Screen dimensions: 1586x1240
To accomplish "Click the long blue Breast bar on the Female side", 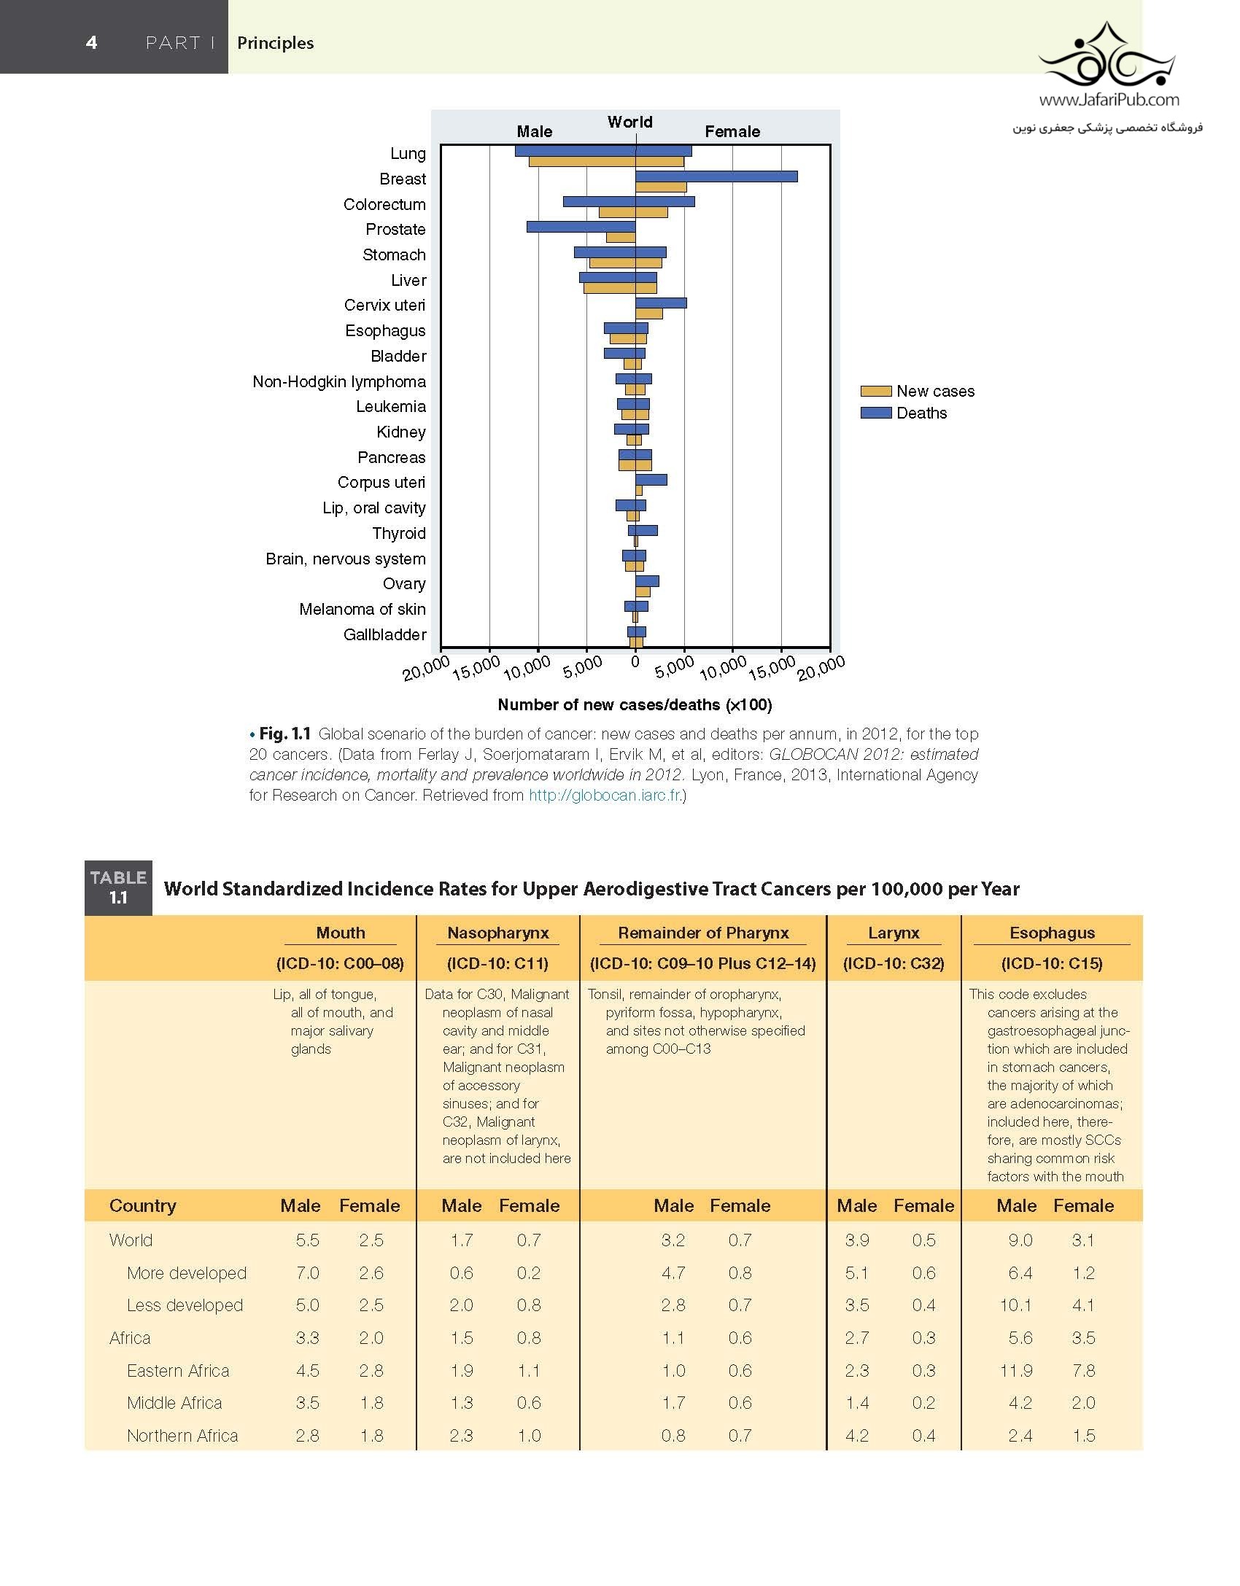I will click(x=716, y=176).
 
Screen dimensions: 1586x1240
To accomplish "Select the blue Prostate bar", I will click(x=581, y=227).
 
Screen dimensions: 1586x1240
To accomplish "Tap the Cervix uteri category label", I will click(x=384, y=306).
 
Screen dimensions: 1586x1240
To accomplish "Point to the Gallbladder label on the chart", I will click(x=384, y=634).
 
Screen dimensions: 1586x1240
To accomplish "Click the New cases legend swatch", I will click(x=875, y=391).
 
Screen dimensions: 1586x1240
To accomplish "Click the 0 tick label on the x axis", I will click(x=635, y=662).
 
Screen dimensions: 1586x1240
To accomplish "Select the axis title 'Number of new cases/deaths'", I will click(x=635, y=704).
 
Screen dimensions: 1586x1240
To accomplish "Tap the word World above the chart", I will click(x=630, y=122).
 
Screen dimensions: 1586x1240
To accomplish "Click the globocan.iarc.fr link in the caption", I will click(x=605, y=796).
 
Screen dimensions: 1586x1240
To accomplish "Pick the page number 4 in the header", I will click(x=91, y=42).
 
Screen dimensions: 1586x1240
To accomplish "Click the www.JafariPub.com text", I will click(x=1109, y=100).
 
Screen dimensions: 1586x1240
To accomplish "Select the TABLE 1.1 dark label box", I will click(x=118, y=887).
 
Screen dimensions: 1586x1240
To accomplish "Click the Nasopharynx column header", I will click(x=498, y=933).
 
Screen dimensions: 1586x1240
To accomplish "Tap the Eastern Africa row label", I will click(x=178, y=1371).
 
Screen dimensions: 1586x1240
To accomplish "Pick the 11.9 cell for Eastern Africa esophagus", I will click(x=1016, y=1371).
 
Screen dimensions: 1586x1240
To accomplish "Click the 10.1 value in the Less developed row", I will click(x=1015, y=1305).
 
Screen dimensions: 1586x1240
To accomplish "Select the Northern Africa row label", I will click(x=182, y=1436).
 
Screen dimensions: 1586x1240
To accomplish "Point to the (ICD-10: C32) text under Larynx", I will click(x=894, y=963).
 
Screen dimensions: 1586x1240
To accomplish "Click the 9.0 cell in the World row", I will click(x=1020, y=1240).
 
